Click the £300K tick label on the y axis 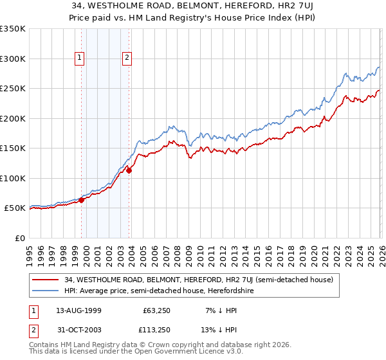[x=13, y=59]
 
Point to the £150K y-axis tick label [x=13, y=148]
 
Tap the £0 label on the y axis [x=21, y=238]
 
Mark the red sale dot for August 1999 [x=82, y=200]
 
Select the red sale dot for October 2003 [x=129, y=170]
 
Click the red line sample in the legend [x=45, y=280]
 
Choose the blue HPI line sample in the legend [x=45, y=291]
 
